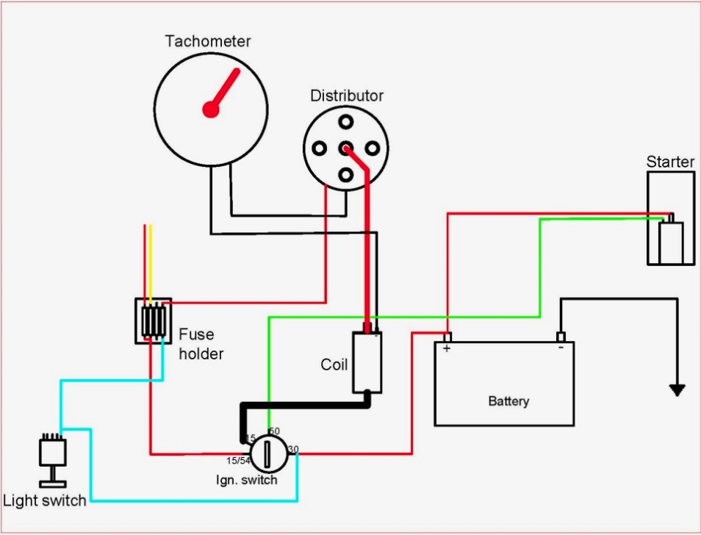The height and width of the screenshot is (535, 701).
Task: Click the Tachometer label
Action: [208, 41]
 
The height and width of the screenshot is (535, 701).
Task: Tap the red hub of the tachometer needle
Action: [211, 109]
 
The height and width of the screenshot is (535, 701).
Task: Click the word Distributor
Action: [347, 96]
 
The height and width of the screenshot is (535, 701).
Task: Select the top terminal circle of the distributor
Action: [345, 121]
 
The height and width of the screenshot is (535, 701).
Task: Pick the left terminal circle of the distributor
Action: [319, 148]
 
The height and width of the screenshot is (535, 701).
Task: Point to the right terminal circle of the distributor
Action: [373, 148]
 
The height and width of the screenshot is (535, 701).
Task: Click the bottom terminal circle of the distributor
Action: [345, 175]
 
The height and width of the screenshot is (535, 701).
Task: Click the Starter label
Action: [670, 162]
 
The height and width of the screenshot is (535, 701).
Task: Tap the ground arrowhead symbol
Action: [677, 390]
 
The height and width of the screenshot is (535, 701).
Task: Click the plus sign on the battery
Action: [447, 348]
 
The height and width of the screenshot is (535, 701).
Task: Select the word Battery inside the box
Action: [508, 401]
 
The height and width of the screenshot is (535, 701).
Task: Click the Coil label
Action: [334, 365]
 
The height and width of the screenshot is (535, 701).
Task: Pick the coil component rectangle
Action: [367, 362]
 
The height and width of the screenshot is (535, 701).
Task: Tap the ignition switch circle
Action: [268, 454]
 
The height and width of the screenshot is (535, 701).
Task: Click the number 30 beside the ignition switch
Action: [293, 449]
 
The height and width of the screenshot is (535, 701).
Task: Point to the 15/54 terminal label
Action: [238, 460]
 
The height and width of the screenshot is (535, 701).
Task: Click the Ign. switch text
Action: [246, 481]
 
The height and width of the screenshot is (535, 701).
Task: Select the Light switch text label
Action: [44, 500]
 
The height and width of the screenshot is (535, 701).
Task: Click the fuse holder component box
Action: [154, 321]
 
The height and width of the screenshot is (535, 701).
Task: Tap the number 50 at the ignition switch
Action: [274, 431]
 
